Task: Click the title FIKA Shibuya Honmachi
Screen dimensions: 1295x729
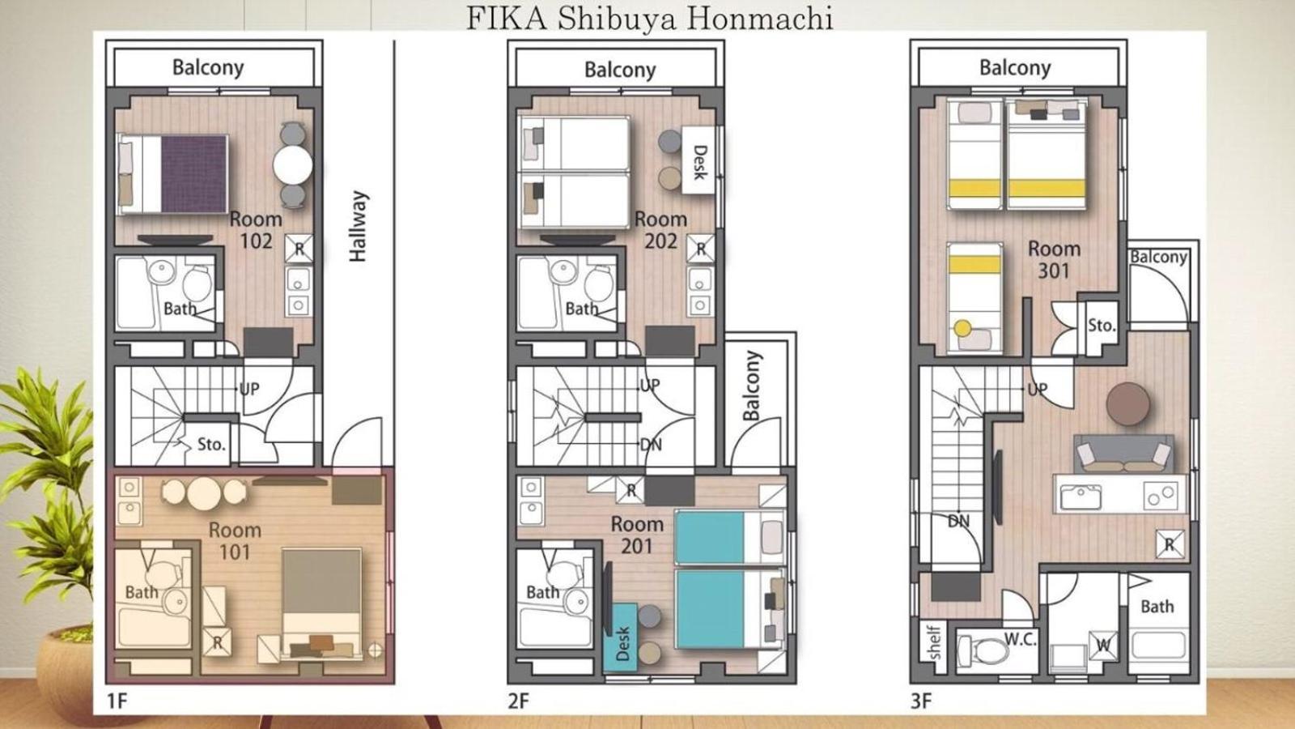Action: point(649,19)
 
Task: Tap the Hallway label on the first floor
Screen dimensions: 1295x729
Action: point(358,226)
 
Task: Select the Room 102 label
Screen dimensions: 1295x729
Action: point(256,230)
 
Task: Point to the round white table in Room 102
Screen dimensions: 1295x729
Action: point(293,165)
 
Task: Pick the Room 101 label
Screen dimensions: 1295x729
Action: point(235,540)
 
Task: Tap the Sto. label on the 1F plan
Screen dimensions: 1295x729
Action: point(211,445)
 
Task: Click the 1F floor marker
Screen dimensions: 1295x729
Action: point(117,701)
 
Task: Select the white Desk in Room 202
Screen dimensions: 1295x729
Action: point(698,160)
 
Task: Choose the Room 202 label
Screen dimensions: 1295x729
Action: point(660,230)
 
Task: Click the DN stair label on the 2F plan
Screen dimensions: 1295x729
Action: point(651,445)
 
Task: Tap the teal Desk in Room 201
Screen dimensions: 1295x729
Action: point(621,638)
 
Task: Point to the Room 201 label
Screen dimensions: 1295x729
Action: point(637,535)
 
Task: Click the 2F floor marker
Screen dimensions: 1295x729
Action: point(519,701)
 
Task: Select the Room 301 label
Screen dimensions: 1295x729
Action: point(1054,259)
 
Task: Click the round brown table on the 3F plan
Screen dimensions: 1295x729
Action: point(1128,404)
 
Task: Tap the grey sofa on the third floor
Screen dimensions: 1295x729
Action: point(1123,453)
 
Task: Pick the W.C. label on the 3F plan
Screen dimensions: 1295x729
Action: point(1021,639)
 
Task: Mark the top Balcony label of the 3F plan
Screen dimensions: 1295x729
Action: point(1015,68)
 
